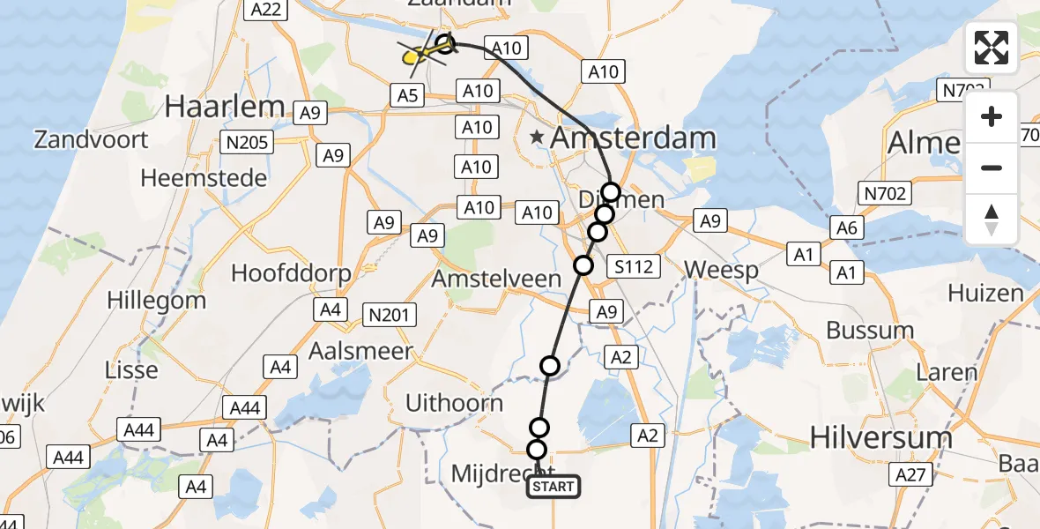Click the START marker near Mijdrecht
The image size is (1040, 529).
tap(553, 486)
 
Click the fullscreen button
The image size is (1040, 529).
tap(992, 48)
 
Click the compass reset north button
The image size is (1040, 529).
tap(992, 220)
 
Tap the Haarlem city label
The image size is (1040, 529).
tap(225, 107)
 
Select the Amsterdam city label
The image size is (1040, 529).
tap(633, 138)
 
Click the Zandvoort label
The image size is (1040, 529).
tap(91, 139)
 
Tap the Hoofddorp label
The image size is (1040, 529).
tap(291, 272)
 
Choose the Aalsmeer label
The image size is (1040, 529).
tap(360, 351)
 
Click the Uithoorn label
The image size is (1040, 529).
tap(454, 404)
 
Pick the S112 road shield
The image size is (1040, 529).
tap(635, 264)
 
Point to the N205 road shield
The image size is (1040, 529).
tap(249, 142)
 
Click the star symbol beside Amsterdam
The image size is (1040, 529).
tap(537, 138)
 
